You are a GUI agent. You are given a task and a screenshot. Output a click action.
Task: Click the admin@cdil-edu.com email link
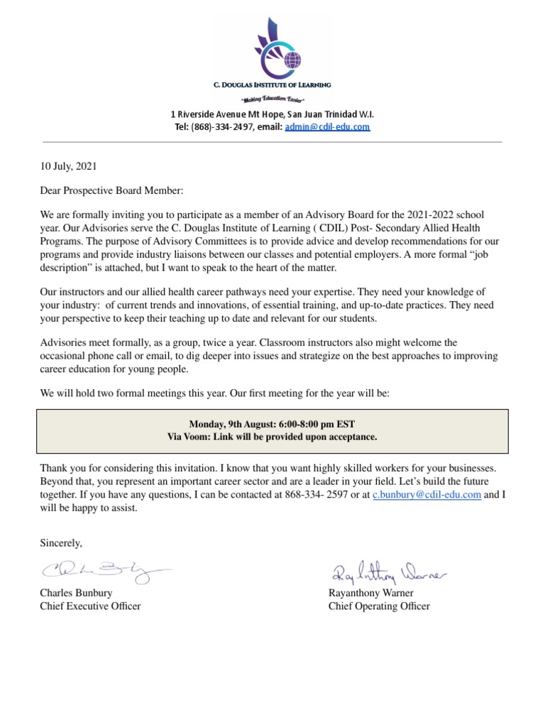pyautogui.click(x=327, y=127)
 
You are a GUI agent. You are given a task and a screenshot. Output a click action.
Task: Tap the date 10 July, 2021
pyautogui.click(x=68, y=167)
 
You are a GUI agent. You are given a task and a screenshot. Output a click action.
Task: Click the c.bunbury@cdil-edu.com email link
pyautogui.click(x=427, y=496)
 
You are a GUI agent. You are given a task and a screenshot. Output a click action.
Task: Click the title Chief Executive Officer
pyautogui.click(x=90, y=606)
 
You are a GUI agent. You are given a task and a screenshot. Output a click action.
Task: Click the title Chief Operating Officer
pyautogui.click(x=378, y=606)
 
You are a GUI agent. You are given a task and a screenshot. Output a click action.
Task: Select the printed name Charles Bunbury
pyautogui.click(x=76, y=593)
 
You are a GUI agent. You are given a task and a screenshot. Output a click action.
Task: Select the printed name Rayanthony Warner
pyautogui.click(x=370, y=593)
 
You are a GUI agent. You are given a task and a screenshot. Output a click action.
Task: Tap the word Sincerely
pyautogui.click(x=61, y=543)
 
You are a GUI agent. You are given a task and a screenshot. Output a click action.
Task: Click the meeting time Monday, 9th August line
pyautogui.click(x=272, y=424)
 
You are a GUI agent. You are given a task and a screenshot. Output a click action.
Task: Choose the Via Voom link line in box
pyautogui.click(x=272, y=437)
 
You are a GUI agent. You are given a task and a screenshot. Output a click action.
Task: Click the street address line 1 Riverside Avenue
pyautogui.click(x=272, y=114)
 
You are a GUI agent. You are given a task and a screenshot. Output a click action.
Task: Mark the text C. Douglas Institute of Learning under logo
pyautogui.click(x=272, y=85)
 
